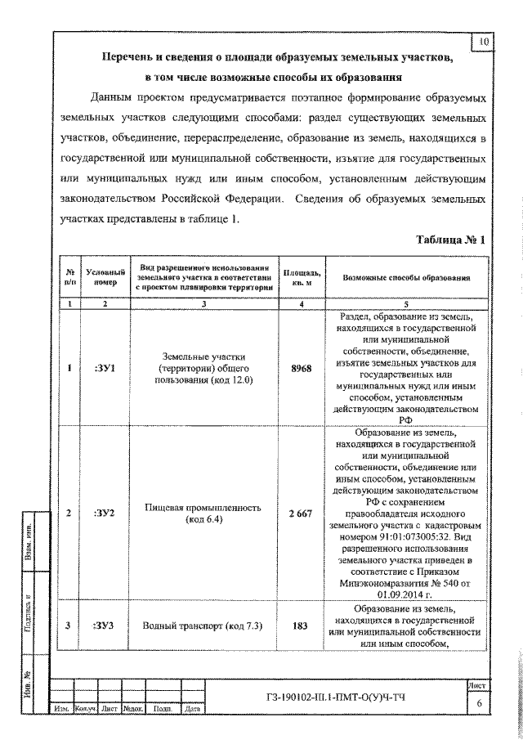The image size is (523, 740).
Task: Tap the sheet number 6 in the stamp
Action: coord(480,703)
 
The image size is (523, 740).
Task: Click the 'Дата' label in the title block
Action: coord(193,709)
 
